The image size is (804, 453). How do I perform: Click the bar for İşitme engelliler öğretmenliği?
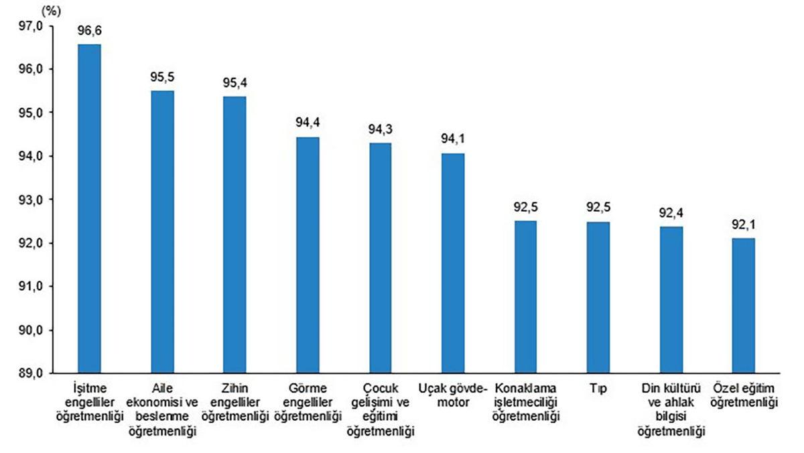(89, 208)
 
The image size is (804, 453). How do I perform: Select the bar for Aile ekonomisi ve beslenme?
(162, 231)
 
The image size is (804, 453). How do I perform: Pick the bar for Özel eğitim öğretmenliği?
(743, 305)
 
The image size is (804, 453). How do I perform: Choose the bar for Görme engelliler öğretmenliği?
(308, 255)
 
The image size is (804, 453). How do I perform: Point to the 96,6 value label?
(89, 31)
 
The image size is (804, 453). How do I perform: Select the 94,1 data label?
(452, 139)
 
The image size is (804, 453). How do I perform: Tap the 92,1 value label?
(743, 224)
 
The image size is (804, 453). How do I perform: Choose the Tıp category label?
(598, 388)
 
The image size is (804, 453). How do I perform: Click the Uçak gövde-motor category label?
(452, 395)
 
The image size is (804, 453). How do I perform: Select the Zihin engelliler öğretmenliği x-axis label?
(235, 402)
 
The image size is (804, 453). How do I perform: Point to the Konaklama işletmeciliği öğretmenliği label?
(525, 402)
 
